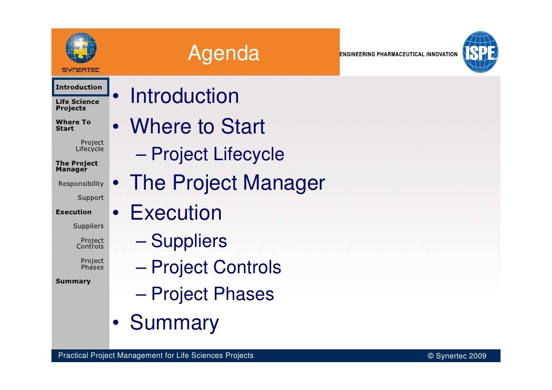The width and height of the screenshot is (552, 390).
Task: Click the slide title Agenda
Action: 223,54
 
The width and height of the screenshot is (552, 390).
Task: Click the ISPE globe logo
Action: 480,52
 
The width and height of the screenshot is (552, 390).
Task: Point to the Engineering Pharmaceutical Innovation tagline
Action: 399,55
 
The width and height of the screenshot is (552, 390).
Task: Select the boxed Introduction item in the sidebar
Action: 79,87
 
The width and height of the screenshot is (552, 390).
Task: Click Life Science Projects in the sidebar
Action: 77,105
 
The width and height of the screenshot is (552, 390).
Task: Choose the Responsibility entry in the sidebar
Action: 81,184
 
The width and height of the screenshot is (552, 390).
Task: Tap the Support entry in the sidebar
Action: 91,198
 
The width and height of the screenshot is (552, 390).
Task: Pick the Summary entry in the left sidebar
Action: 73,281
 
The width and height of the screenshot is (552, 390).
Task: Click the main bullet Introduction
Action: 184,97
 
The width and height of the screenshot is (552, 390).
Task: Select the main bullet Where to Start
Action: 197,127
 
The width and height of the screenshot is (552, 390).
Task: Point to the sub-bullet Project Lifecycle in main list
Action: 217,155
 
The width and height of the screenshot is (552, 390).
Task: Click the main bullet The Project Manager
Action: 227,183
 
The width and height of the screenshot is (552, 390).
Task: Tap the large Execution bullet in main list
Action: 176,213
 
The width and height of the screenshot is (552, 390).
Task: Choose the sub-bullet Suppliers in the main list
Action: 189,242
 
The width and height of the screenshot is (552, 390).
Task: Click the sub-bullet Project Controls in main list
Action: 215,267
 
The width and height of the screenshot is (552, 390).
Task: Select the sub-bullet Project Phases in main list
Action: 212,294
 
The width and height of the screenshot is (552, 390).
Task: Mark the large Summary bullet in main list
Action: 174,323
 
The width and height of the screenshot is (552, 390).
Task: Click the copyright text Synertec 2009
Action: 457,356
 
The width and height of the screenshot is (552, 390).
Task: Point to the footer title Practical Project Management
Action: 155,356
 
